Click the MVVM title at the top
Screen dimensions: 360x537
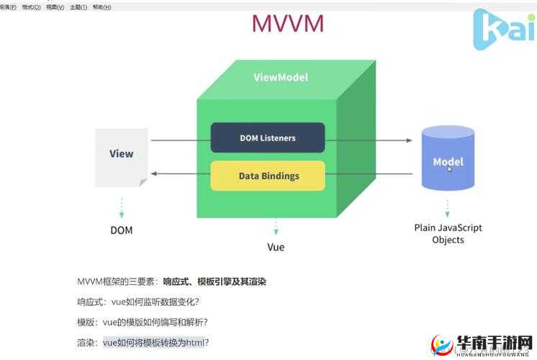pos(287,24)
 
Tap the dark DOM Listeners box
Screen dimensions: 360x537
pos(267,138)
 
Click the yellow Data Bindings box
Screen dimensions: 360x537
pos(268,176)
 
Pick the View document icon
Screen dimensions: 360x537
pos(121,157)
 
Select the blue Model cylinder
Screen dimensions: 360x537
pos(447,158)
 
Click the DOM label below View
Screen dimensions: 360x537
pos(121,230)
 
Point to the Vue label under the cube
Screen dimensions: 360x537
pos(276,247)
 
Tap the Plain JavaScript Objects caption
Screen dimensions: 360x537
pos(447,233)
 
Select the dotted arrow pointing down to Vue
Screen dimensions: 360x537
pos(276,228)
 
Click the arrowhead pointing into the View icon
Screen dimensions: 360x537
pos(154,174)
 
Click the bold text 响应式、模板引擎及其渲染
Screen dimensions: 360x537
pos(215,282)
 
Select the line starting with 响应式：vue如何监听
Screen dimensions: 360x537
pos(138,302)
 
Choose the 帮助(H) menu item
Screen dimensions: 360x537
pos(102,6)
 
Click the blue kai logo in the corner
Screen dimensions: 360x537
pos(502,28)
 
